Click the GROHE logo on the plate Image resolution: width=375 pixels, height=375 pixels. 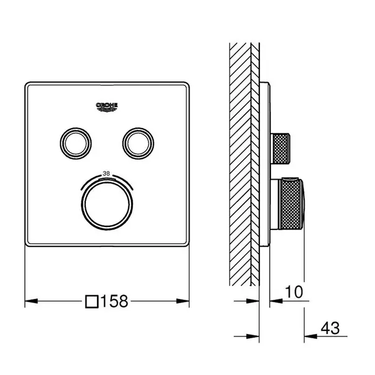pyautogui.click(x=107, y=107)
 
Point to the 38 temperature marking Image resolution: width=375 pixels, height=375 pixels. pyautogui.click(x=106, y=174)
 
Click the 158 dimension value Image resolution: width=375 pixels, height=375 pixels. pyautogui.click(x=114, y=301)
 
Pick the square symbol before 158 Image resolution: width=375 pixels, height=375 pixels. pyautogui.click(x=92, y=302)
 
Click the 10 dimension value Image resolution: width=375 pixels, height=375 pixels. pyautogui.click(x=294, y=292)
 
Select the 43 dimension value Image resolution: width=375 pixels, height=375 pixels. pyautogui.click(x=330, y=328)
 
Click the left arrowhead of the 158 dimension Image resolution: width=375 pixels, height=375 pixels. pyautogui.click(x=31, y=301)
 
